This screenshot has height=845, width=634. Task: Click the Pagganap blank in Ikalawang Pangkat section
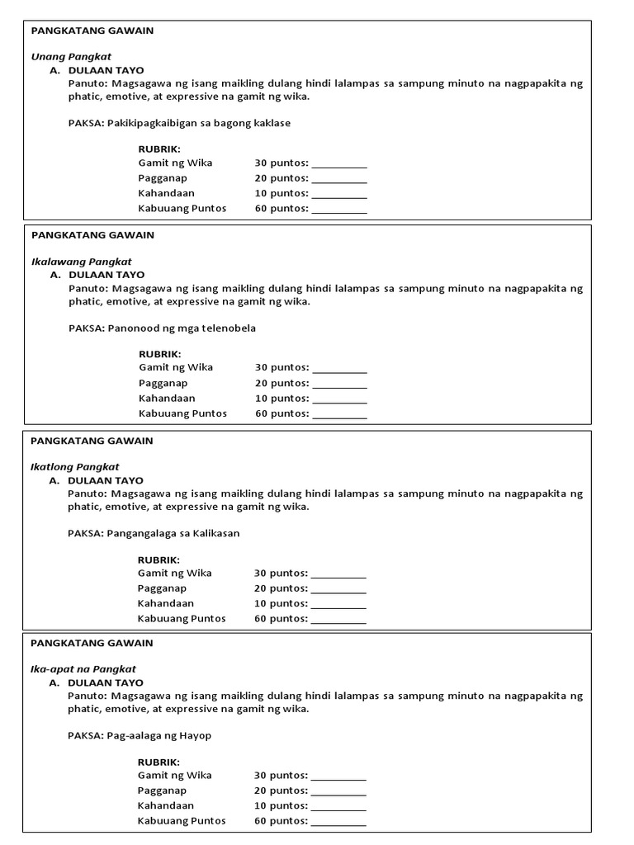pyautogui.click(x=339, y=385)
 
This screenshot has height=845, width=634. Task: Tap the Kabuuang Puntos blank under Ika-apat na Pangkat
pyautogui.click(x=338, y=823)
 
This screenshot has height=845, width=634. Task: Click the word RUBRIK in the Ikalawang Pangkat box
pyautogui.click(x=160, y=354)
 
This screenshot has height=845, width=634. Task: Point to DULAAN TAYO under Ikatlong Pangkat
pyautogui.click(x=106, y=480)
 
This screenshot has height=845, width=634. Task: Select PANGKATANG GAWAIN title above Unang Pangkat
pyautogui.click(x=92, y=31)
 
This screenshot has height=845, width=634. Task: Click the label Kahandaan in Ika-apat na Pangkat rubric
pyautogui.click(x=166, y=805)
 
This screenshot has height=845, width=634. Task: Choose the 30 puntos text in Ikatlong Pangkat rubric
pyautogui.click(x=281, y=573)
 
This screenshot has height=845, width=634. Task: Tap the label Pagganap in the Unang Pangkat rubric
pyautogui.click(x=163, y=178)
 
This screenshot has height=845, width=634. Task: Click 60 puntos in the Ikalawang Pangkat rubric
pyautogui.click(x=282, y=413)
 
